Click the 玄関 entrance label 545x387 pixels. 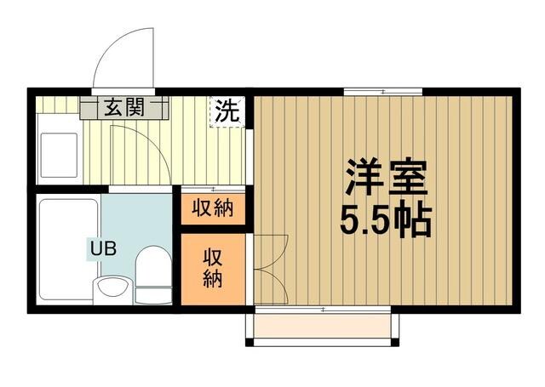(x=123, y=108)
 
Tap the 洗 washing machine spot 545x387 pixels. (x=227, y=111)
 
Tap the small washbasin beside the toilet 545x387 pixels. (x=109, y=289)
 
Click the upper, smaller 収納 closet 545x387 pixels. (x=212, y=208)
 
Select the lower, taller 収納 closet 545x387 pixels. (x=212, y=269)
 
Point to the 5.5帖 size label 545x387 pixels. (x=386, y=221)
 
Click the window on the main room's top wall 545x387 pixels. (x=384, y=91)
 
